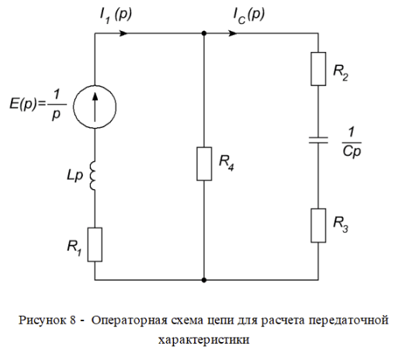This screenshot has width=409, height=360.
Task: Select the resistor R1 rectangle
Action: tap(88, 244)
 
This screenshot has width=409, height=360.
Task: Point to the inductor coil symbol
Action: tap(93, 175)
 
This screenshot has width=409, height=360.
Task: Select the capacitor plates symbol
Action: tap(318, 140)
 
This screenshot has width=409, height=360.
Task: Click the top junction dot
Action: tap(204, 33)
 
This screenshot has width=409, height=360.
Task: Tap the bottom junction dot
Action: tap(204, 280)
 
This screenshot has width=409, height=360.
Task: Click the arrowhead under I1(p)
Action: tap(123, 33)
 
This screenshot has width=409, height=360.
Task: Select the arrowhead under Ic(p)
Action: tap(233, 33)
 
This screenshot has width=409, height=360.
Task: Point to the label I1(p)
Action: tap(116, 16)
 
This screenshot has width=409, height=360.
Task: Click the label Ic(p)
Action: tap(249, 16)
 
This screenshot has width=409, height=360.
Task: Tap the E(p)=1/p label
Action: tap(38, 104)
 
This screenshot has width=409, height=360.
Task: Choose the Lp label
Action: tap(75, 175)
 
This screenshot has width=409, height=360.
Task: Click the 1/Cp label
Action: tap(352, 143)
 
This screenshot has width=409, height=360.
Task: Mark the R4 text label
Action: tap(227, 162)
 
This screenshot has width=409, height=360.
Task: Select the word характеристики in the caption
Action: tap(203, 340)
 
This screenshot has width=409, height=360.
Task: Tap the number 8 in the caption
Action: tap(73, 320)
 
